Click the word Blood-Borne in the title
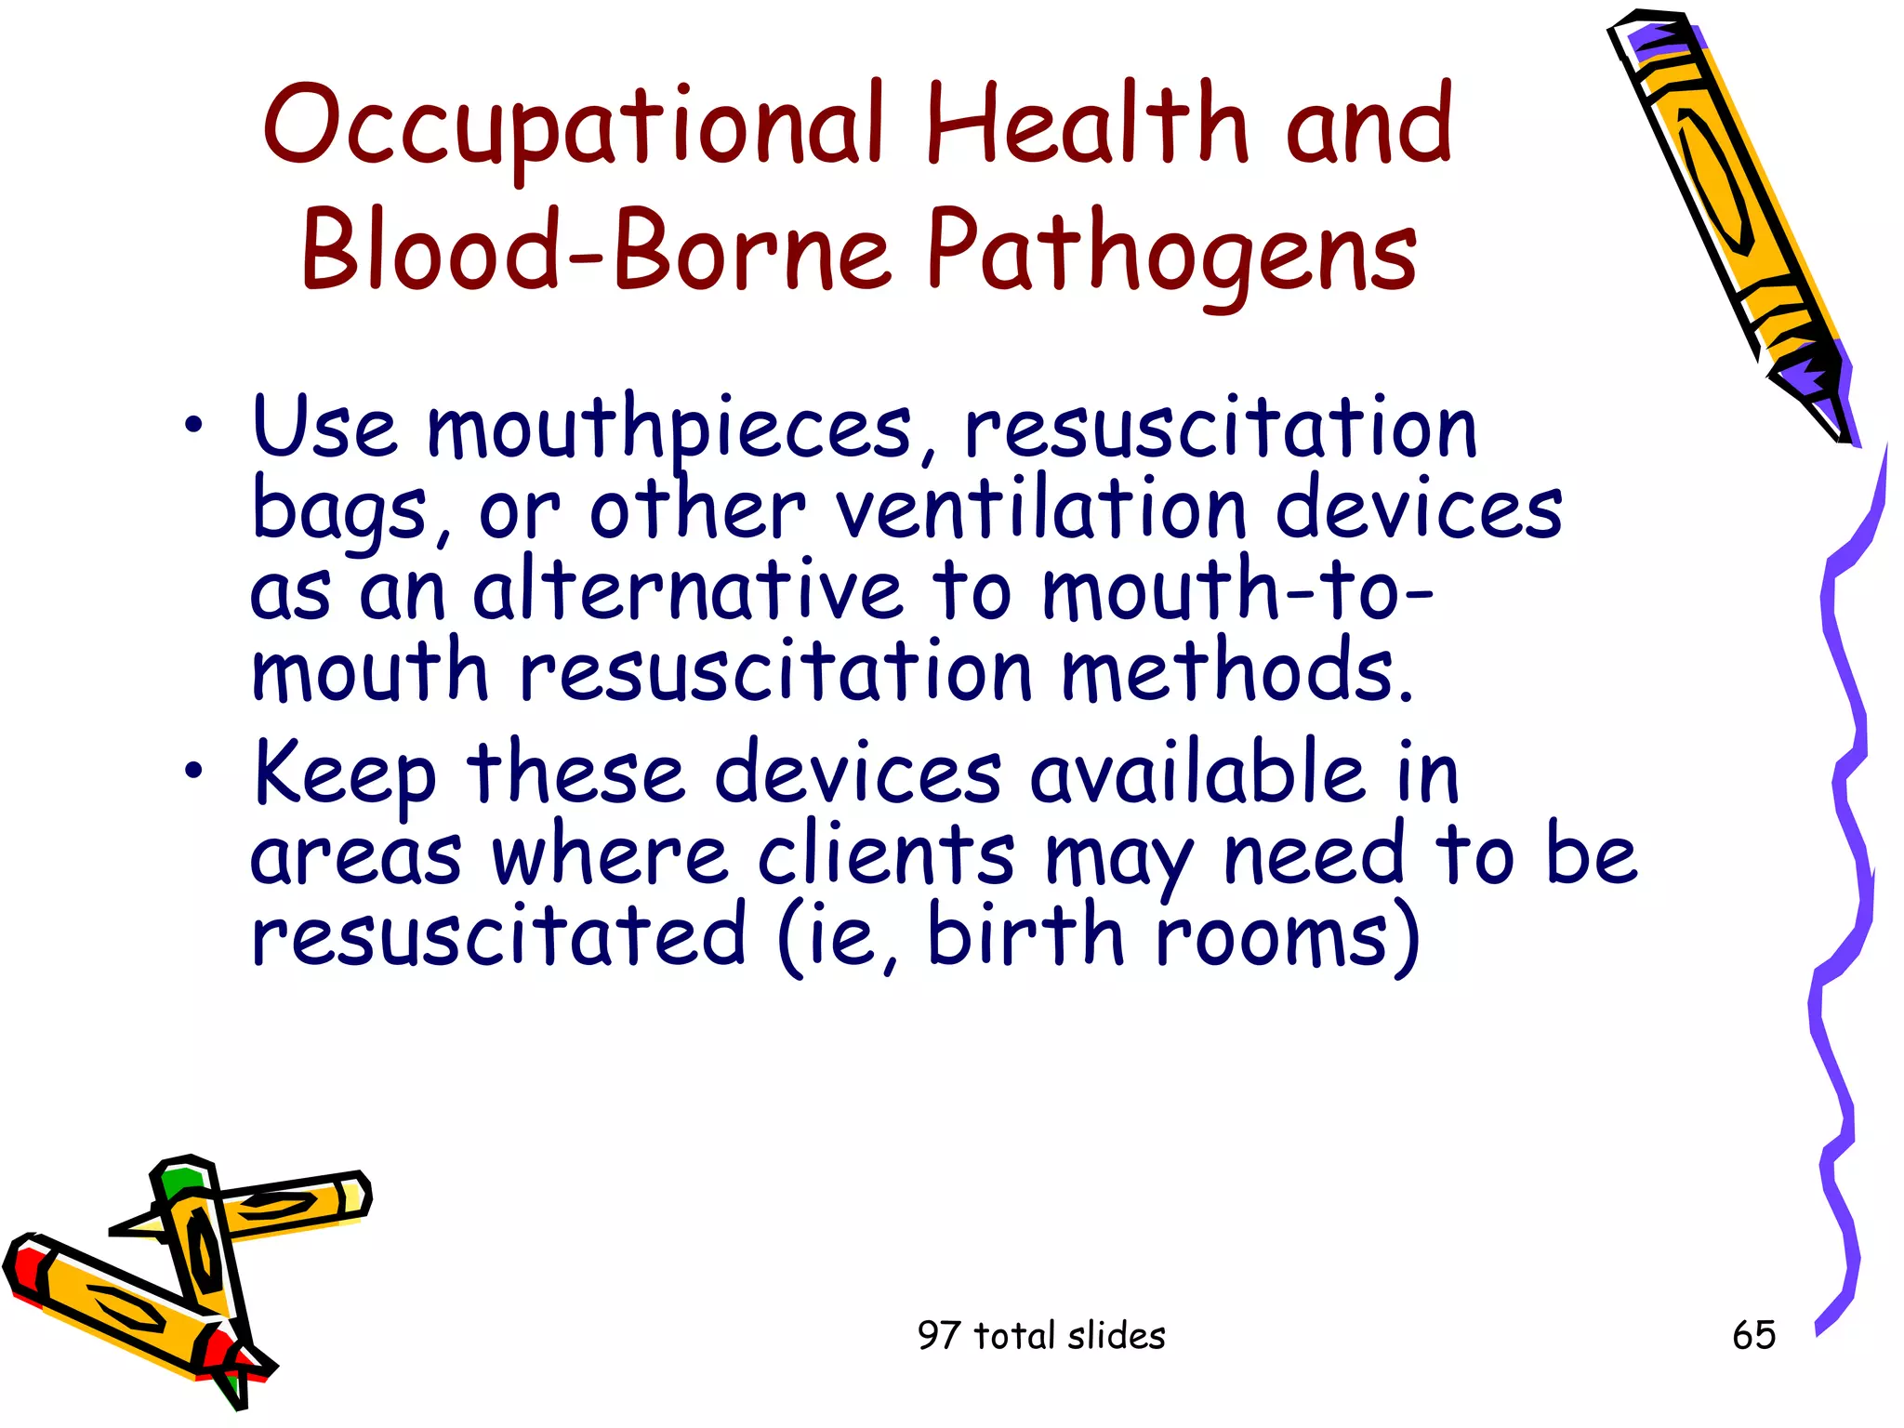[595, 249]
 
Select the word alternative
[688, 591]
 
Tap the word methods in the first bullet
[1236, 671]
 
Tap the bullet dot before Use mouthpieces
[192, 426]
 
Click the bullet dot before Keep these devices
[192, 770]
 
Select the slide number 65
[1753, 1335]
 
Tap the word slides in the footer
[1116, 1336]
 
